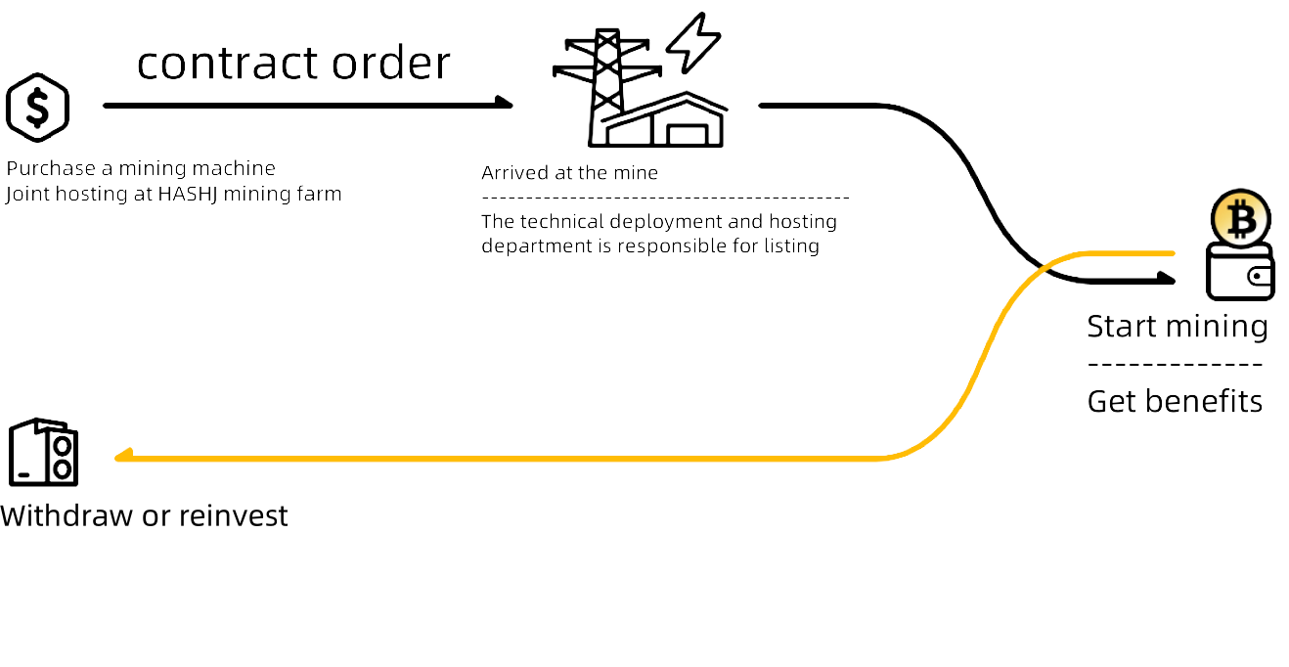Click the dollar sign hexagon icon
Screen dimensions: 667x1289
[38, 107]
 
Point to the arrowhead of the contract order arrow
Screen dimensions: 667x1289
[505, 101]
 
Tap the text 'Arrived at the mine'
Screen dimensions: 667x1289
[569, 173]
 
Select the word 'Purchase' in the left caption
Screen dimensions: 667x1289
[50, 168]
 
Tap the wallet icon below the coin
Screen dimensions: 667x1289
[1241, 274]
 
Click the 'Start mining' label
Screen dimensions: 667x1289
[1177, 326]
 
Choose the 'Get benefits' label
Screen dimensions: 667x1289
[1175, 401]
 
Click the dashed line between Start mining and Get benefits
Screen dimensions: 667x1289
[1175, 365]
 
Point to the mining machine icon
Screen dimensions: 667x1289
[44, 453]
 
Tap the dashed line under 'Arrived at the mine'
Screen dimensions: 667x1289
[665, 199]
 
